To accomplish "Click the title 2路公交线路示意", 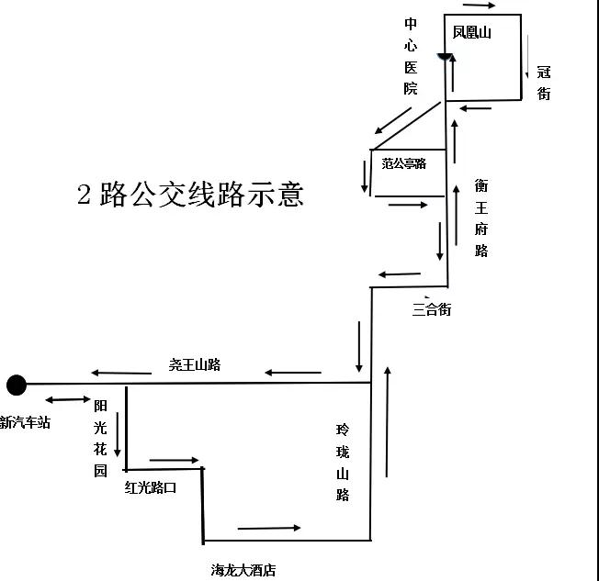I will pyautogui.click(x=189, y=195).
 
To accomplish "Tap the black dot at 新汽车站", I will pyautogui.click(x=16, y=384).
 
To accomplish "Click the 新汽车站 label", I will pyautogui.click(x=25, y=422).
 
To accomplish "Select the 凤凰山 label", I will pyautogui.click(x=472, y=33).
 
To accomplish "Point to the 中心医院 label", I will pyautogui.click(x=411, y=56).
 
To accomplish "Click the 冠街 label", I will pyautogui.click(x=544, y=82).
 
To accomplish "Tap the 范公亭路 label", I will pyautogui.click(x=404, y=163).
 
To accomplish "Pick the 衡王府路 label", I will pyautogui.click(x=481, y=218).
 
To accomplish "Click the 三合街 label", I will pyautogui.click(x=432, y=309).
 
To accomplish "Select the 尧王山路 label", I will pyautogui.click(x=195, y=364).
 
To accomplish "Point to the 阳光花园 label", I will pyautogui.click(x=101, y=437).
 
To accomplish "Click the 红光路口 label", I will pyautogui.click(x=151, y=487).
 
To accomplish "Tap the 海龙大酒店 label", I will pyautogui.click(x=243, y=570).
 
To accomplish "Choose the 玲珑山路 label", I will pyautogui.click(x=343, y=462).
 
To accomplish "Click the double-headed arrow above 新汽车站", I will pyautogui.click(x=64, y=399).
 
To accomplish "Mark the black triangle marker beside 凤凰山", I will pyautogui.click(x=445, y=58).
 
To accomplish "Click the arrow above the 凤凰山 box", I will pyautogui.click(x=480, y=6).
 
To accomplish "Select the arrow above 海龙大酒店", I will pyautogui.click(x=269, y=528).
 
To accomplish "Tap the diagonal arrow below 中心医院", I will pyautogui.click(x=392, y=119).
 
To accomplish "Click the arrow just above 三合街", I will pyautogui.click(x=399, y=274).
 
